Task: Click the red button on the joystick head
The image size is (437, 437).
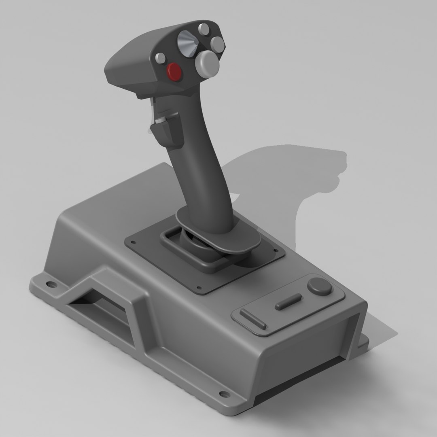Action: click(175, 72)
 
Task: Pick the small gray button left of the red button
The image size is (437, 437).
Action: click(161, 57)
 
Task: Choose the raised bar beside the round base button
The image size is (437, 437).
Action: click(288, 302)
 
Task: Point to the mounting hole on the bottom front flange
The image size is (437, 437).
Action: click(223, 393)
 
